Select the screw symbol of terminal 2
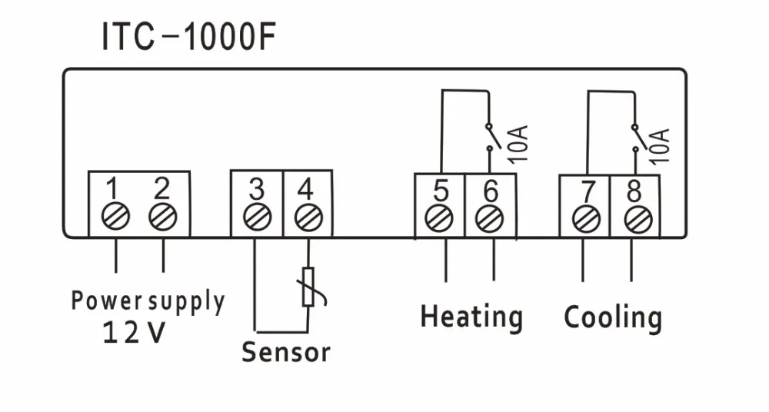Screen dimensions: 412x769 tap(162, 218)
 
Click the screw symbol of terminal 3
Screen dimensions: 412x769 tap(256, 218)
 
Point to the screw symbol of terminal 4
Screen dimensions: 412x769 tap(308, 218)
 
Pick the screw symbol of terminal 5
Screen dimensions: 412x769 tap(439, 218)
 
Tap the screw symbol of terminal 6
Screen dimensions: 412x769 tap(489, 218)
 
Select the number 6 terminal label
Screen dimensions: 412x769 tap(490, 190)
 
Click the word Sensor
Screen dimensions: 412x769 tap(286, 352)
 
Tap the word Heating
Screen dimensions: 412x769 tap(471, 317)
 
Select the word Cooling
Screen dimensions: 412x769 tap(613, 317)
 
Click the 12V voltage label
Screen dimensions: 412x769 tap(133, 333)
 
